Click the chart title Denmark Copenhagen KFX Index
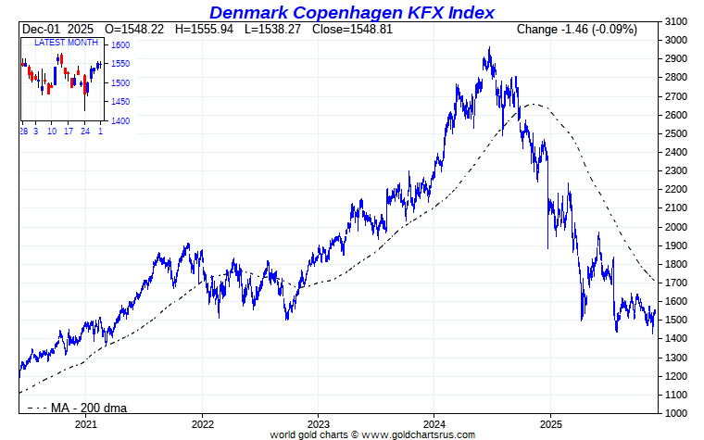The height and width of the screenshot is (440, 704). (351, 12)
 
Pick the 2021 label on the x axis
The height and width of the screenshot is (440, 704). (85, 424)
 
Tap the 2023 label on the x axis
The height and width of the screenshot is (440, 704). (318, 424)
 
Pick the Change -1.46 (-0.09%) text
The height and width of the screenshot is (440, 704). (576, 30)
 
